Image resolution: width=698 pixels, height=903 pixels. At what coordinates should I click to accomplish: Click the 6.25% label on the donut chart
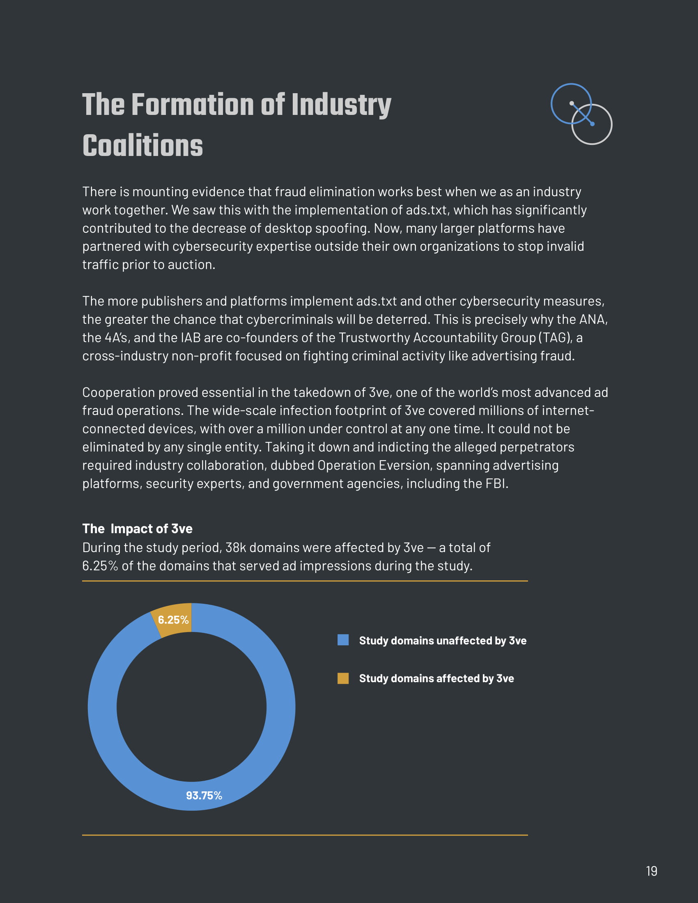click(x=173, y=620)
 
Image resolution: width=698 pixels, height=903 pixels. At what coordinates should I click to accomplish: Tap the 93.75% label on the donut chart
click(x=204, y=795)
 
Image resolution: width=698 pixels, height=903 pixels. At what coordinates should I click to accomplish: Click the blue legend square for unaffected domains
click(x=343, y=640)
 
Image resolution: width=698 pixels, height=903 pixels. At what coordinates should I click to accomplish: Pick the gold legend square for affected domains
click(x=343, y=678)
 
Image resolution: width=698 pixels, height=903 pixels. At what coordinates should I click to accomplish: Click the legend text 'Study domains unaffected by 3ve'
click(x=443, y=640)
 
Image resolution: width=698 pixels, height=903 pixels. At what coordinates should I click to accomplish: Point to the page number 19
click(x=651, y=871)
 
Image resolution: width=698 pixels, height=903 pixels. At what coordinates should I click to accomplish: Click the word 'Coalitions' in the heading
click(x=142, y=146)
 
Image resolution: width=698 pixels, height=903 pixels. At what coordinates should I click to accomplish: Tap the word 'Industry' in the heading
click(x=341, y=105)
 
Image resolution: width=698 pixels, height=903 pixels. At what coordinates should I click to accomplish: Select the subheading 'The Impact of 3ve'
click(x=137, y=528)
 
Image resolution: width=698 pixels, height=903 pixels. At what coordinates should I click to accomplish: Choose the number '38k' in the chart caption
click(x=236, y=548)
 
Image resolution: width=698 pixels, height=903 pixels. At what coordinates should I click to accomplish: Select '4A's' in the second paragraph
click(x=115, y=338)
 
